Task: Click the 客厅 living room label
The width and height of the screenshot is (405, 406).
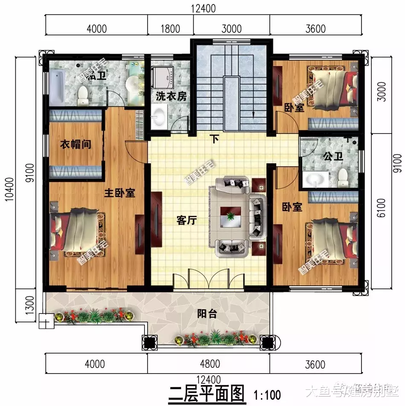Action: tap(186, 220)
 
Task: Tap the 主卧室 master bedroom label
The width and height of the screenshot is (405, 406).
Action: tap(119, 193)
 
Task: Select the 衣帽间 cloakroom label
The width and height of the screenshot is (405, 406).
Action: tap(75, 145)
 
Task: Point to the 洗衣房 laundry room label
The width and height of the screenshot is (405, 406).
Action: tap(171, 96)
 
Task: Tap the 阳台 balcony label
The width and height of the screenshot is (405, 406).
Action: tap(207, 314)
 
